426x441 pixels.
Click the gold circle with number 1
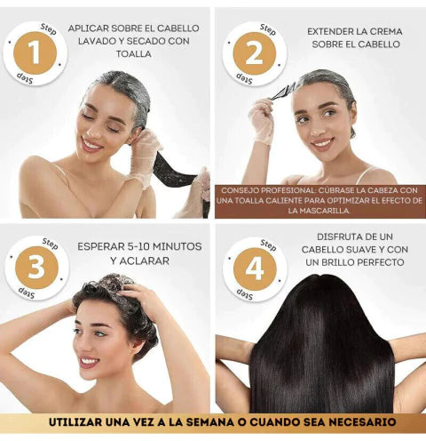35,53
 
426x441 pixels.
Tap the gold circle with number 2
254,53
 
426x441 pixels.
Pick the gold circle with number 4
254,268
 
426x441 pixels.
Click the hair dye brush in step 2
284,90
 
